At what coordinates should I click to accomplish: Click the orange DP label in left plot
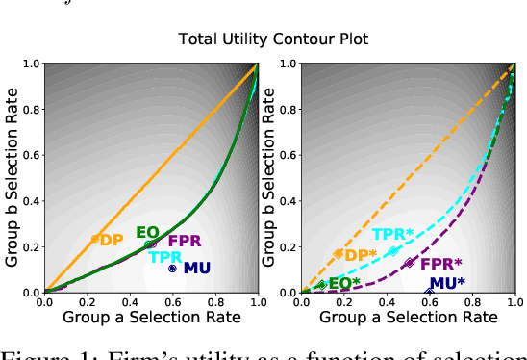pyautogui.click(x=112, y=240)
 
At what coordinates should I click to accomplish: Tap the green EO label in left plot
pyautogui.click(x=147, y=232)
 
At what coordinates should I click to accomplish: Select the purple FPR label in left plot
pyautogui.click(x=185, y=241)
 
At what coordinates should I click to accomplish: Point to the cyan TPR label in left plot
pyautogui.click(x=165, y=257)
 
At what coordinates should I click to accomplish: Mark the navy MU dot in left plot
pyautogui.click(x=172, y=269)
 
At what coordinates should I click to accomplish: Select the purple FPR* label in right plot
pyautogui.click(x=441, y=263)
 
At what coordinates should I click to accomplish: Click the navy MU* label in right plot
pyautogui.click(x=447, y=283)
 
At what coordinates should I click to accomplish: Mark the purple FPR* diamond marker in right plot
pyautogui.click(x=409, y=263)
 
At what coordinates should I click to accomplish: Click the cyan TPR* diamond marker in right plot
pyautogui.click(x=392, y=251)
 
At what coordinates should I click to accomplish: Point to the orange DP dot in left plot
pyautogui.click(x=94, y=239)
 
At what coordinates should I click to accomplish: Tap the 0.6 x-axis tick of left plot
pyautogui.click(x=172, y=302)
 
